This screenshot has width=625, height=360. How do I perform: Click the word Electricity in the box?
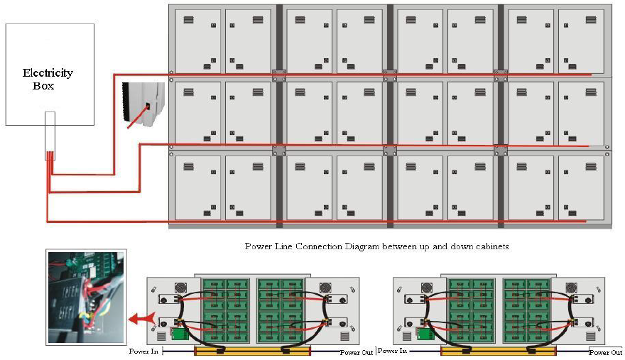click(x=48, y=72)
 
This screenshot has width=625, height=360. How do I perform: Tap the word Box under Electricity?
click(x=43, y=86)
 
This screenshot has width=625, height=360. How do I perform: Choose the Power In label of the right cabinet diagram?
click(x=393, y=351)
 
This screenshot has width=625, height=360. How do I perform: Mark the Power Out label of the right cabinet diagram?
click(x=605, y=352)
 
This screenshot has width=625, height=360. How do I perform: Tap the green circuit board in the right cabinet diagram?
click(x=427, y=334)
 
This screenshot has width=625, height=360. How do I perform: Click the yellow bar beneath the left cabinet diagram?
click(x=252, y=351)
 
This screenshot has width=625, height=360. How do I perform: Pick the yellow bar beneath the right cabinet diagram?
click(x=498, y=351)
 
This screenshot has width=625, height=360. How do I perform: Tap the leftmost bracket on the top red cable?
click(x=279, y=73)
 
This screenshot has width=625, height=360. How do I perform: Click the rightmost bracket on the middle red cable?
click(x=501, y=148)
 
